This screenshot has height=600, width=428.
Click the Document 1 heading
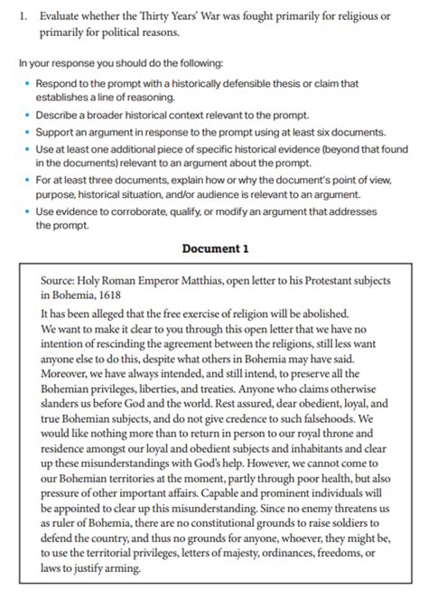point(215,247)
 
